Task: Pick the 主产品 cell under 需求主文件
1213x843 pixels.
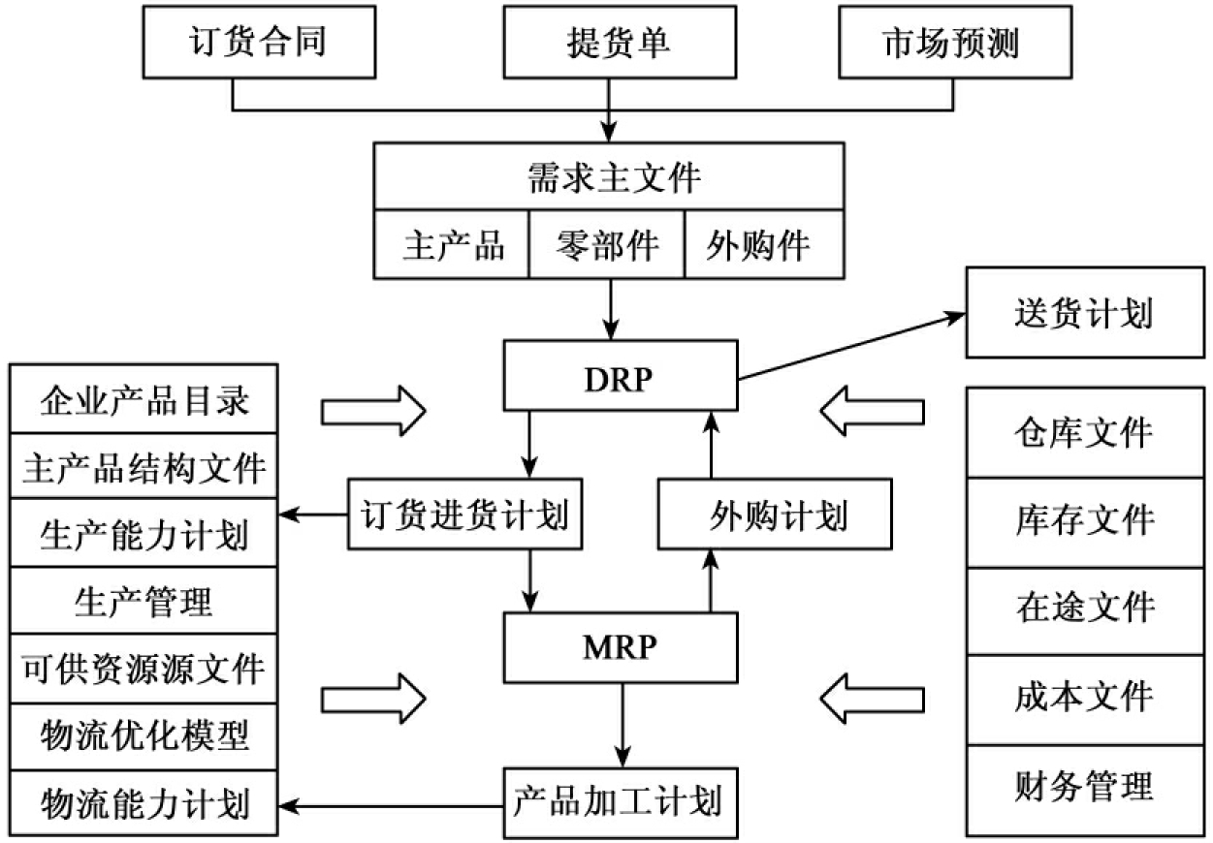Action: click(453, 244)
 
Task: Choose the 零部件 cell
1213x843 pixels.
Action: click(608, 244)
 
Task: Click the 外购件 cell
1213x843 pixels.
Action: click(760, 244)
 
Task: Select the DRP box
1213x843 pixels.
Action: click(620, 375)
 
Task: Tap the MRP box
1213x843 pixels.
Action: click(620, 646)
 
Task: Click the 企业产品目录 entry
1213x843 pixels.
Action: click(144, 398)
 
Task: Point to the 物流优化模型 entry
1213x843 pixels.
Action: click(144, 735)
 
